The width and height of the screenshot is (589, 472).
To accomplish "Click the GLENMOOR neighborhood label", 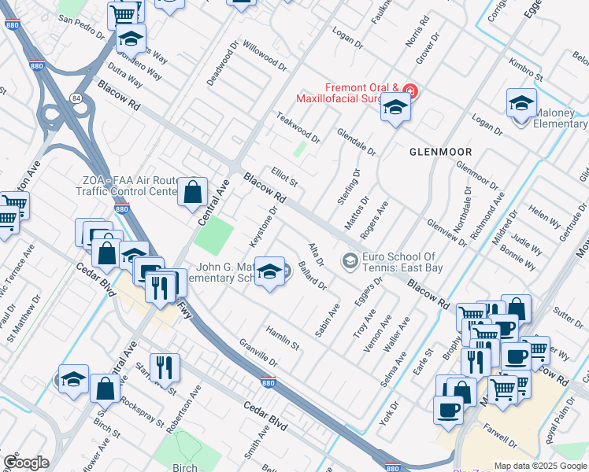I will pos(440,151).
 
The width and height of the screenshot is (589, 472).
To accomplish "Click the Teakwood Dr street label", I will pos(298,127).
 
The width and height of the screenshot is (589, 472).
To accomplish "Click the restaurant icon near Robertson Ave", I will pos(165,367).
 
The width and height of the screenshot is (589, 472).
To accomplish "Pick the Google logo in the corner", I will pos(26,463).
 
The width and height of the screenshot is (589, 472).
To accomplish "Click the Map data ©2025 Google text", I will pos(540,466).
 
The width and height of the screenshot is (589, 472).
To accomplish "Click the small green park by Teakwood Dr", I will pos(299,149).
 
